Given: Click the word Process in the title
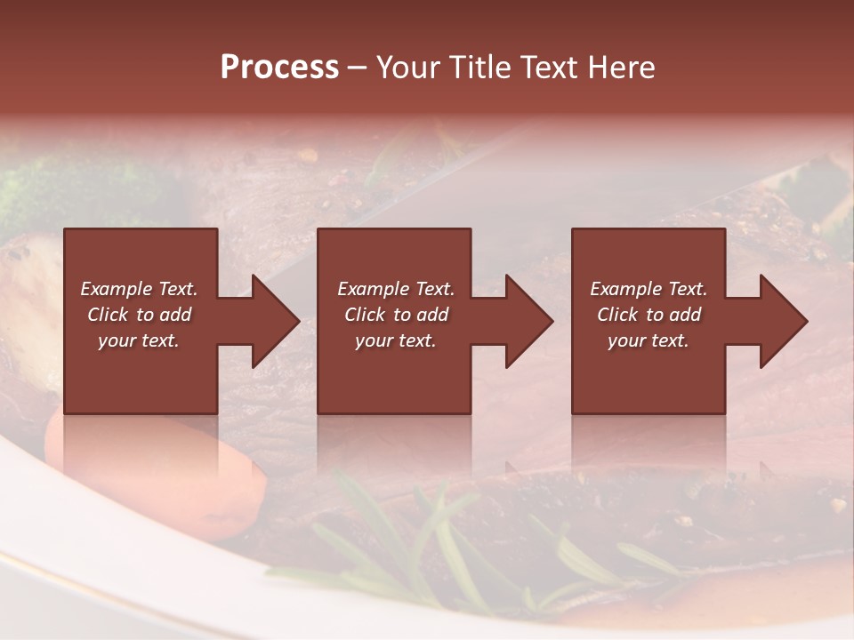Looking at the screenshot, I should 279,67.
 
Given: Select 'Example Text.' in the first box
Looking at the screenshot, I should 139,289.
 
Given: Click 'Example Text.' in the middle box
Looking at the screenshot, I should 395,289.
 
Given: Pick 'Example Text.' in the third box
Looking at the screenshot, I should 649,289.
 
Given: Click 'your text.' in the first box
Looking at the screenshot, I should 139,340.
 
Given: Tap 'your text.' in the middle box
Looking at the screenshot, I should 395,340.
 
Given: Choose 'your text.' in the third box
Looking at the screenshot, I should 649,340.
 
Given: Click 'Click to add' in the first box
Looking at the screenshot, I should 139,315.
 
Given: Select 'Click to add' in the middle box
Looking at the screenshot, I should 395,315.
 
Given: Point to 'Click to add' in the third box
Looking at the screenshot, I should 649,315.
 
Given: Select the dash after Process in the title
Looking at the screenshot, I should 358,68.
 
